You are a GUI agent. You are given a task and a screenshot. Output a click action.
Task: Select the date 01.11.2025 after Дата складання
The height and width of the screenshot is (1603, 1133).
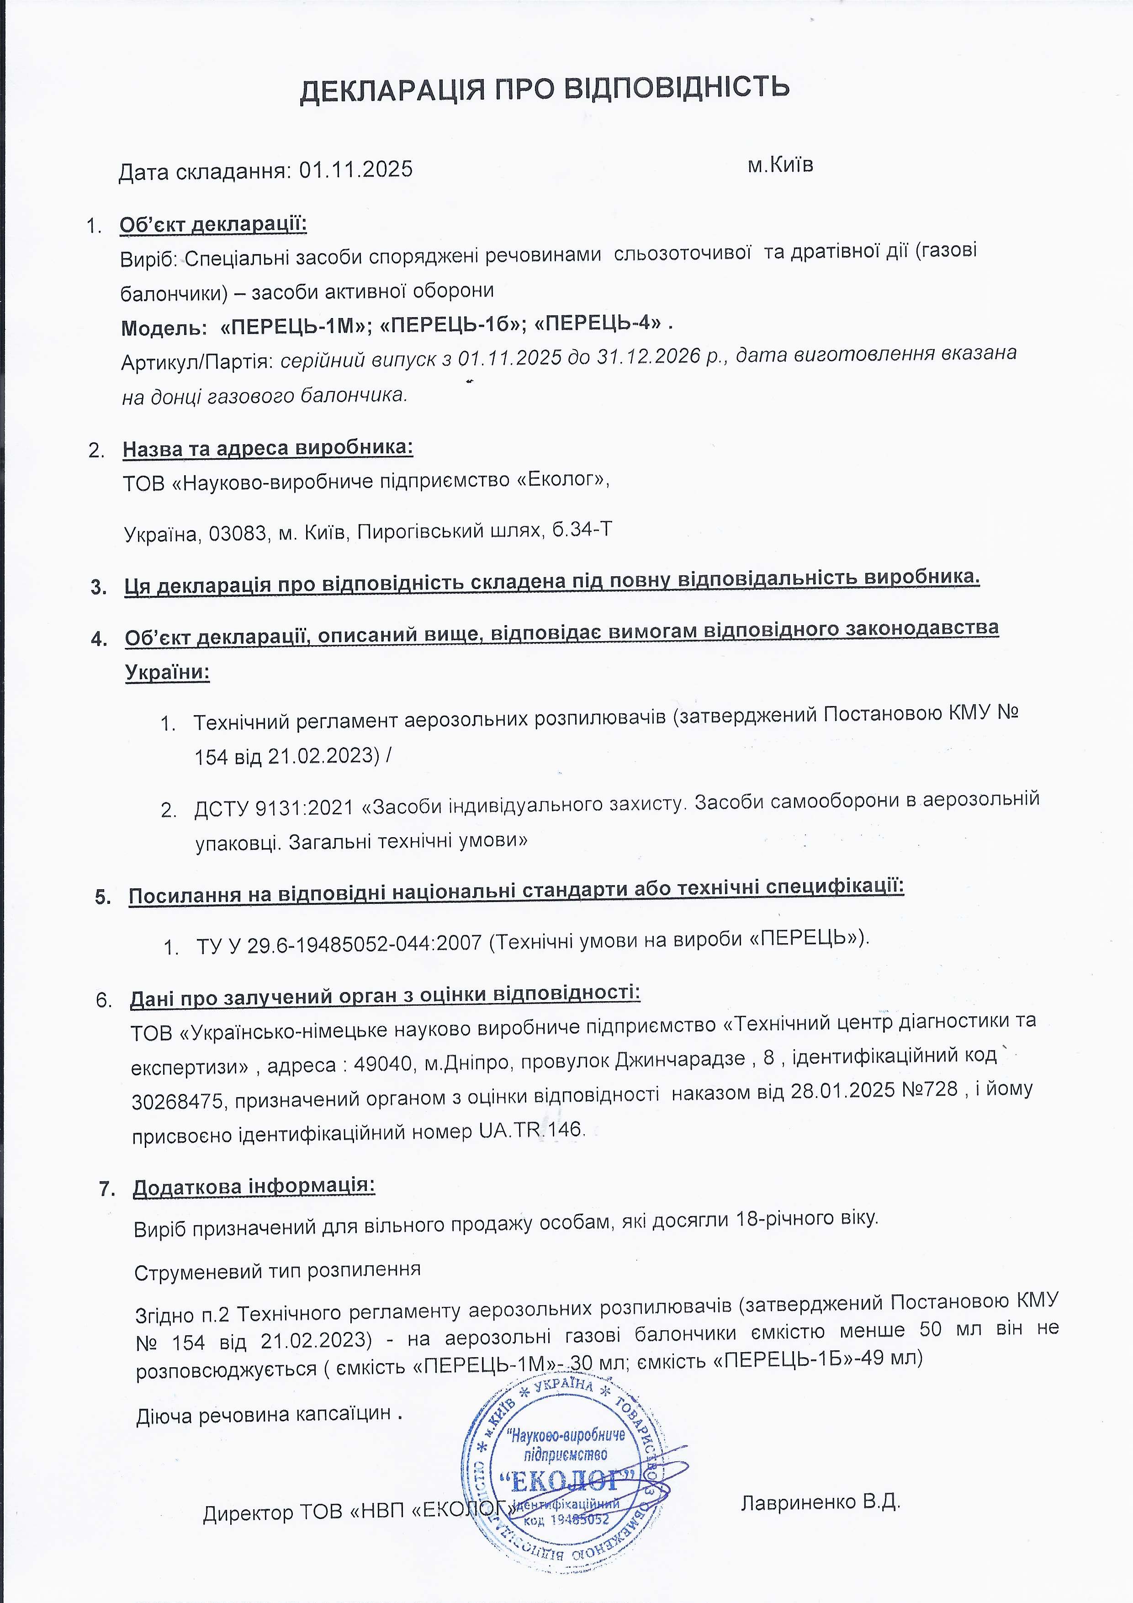click(356, 170)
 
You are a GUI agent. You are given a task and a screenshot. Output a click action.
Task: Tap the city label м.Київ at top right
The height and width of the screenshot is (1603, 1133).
click(780, 165)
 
